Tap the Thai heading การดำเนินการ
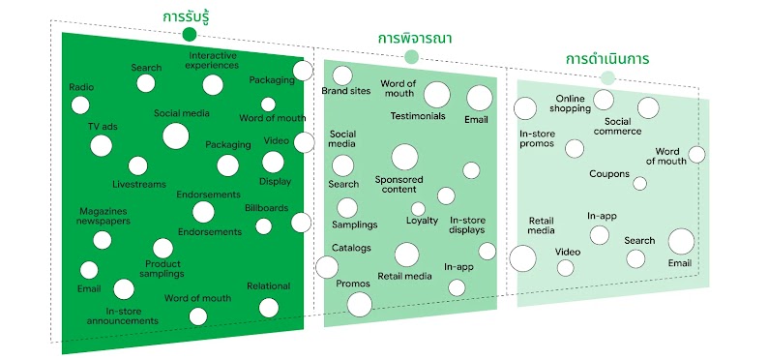[607, 59]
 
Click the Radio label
[81, 87]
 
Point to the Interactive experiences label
[213, 60]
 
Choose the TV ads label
[102, 127]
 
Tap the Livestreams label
[138, 183]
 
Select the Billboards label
[266, 208]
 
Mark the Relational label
[268, 286]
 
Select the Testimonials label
[418, 116]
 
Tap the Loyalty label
[422, 221]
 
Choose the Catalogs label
[351, 248]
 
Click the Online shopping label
[572, 104]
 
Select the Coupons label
[609, 174]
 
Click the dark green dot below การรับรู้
[189, 35]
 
